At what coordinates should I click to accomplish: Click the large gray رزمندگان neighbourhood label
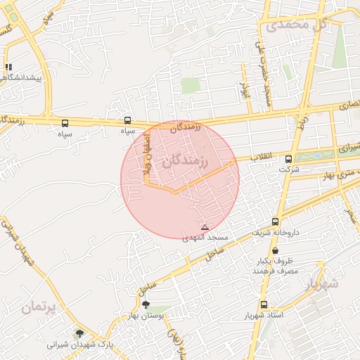pos(186,162)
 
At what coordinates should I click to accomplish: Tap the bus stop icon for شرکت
pos(288,160)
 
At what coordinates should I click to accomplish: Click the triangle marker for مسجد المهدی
pos(205,227)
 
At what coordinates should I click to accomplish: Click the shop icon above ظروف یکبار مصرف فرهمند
pos(274,250)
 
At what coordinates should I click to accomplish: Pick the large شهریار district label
pos(322,283)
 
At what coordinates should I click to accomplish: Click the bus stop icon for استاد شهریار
pos(264,304)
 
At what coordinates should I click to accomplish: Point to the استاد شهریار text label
pos(267,315)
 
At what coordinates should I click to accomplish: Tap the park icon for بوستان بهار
pos(146,304)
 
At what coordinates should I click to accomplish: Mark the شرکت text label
pos(289,169)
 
